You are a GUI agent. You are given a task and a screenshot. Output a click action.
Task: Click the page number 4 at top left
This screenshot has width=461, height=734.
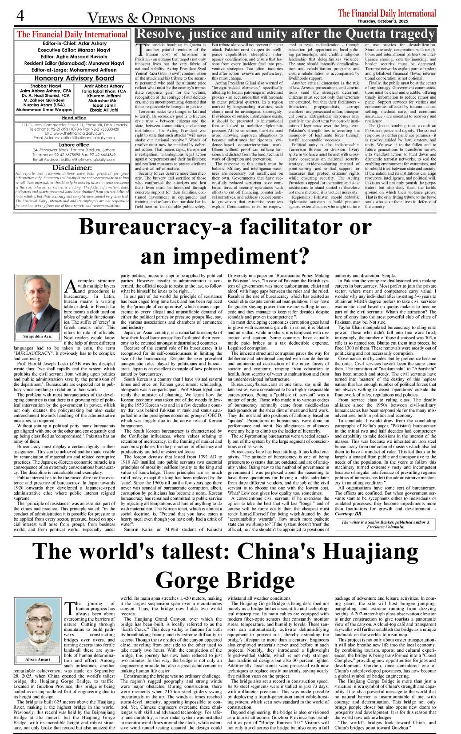pyautogui.click(x=20, y=16)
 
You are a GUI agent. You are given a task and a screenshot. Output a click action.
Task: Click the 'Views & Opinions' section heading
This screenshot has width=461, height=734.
pyautogui.click(x=141, y=18)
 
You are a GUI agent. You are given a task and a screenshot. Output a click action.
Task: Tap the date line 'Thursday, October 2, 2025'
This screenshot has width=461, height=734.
pyautogui.click(x=397, y=21)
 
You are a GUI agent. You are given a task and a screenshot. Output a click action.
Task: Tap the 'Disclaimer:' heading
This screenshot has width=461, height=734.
pyautogui.click(x=72, y=168)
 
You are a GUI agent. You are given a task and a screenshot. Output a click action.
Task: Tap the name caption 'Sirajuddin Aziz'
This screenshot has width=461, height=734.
pyautogui.click(x=37, y=336)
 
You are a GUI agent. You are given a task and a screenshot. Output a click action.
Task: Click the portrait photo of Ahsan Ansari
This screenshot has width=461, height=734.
pyautogui.click(x=37, y=626)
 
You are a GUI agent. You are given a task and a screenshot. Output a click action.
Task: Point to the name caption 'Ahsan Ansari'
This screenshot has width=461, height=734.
pyautogui.click(x=37, y=659)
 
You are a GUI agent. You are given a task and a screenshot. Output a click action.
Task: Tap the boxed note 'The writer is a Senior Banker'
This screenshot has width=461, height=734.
pyautogui.click(x=385, y=525)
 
